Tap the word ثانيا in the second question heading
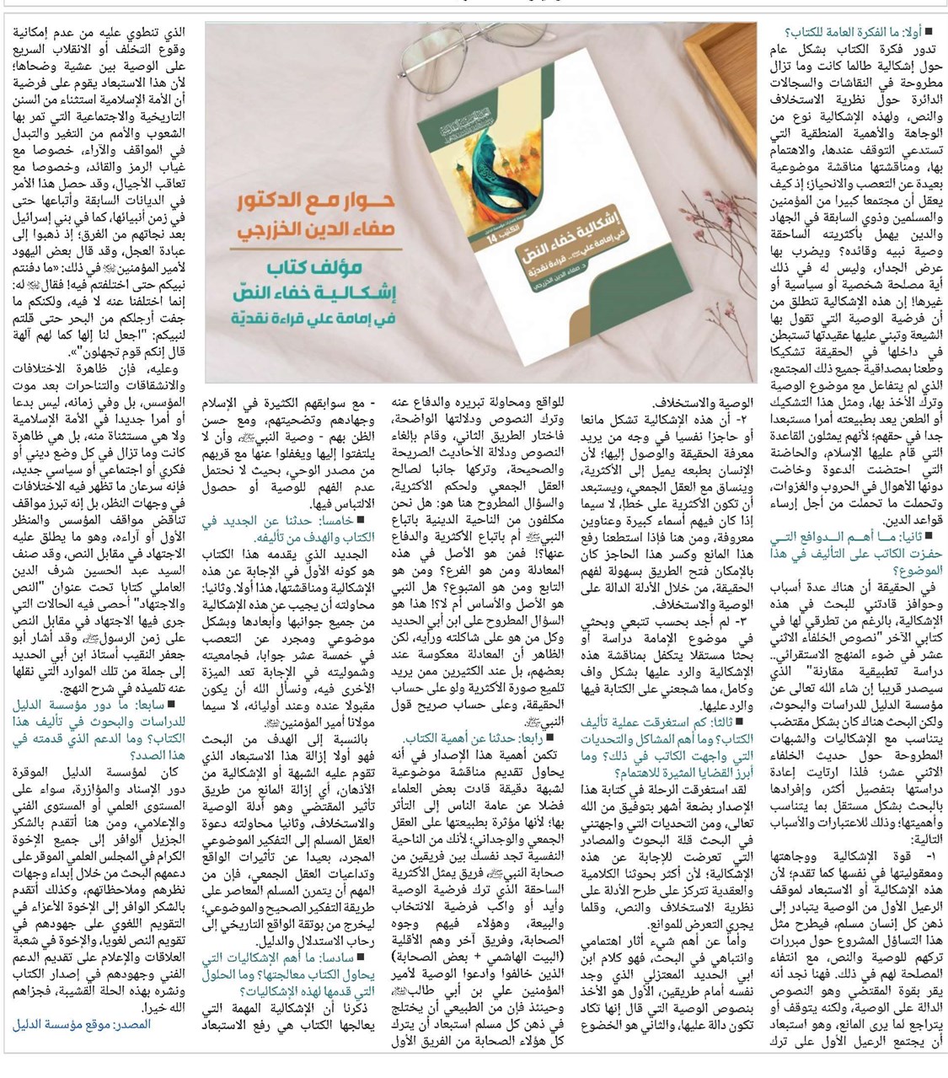912,535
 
